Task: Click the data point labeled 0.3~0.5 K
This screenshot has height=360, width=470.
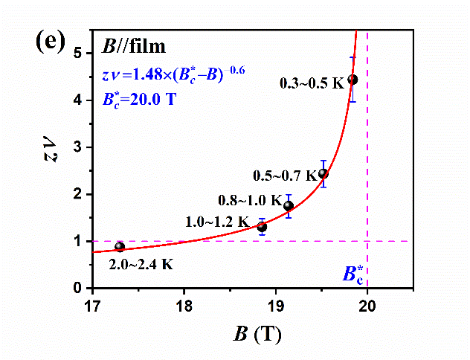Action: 352,80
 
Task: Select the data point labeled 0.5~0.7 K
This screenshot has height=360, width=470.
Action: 323,174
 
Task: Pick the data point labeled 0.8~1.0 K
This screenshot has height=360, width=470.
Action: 289,206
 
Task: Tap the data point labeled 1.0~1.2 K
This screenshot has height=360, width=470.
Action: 262,226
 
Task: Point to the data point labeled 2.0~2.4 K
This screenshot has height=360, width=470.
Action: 120,247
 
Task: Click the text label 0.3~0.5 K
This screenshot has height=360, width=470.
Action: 312,83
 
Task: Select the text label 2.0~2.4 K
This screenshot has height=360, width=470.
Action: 141,263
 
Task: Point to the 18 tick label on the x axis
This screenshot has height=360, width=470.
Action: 184,303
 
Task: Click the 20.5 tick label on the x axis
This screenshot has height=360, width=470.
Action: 413,303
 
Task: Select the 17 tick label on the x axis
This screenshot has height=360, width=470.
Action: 93,303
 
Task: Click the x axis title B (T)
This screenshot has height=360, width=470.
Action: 253,334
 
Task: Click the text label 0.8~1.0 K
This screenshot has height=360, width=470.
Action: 251,200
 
